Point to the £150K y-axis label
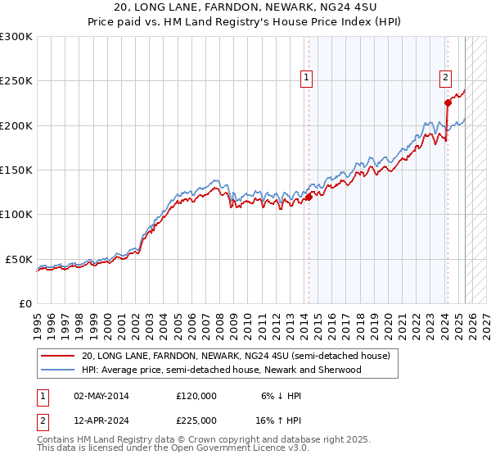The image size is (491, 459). coord(16,170)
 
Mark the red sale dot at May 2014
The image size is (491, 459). coord(309,197)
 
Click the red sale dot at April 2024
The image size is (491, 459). coord(448,103)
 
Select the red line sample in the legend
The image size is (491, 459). coord(56,357)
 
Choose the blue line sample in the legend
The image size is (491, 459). coord(56,370)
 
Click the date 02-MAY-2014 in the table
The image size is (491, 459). coord(101,396)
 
